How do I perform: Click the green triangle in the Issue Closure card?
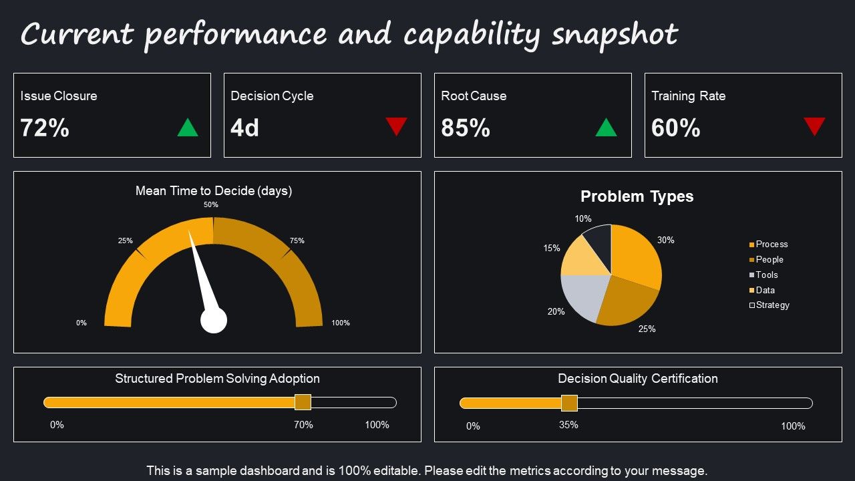pyautogui.click(x=188, y=128)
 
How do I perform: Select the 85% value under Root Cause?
pyautogui.click(x=466, y=128)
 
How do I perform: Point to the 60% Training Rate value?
pyautogui.click(x=676, y=128)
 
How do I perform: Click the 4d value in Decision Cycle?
pyautogui.click(x=244, y=128)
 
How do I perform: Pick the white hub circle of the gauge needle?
pyautogui.click(x=214, y=321)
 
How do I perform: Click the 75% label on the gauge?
pyautogui.click(x=297, y=240)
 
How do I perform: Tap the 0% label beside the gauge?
pyautogui.click(x=81, y=323)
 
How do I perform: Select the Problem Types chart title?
pyautogui.click(x=637, y=196)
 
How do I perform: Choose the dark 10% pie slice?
pyautogui.click(x=599, y=245)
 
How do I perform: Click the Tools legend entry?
pyautogui.click(x=763, y=275)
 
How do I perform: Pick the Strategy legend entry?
pyautogui.click(x=769, y=305)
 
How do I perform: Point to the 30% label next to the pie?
pyautogui.click(x=666, y=240)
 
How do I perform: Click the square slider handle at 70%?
pyautogui.click(x=303, y=402)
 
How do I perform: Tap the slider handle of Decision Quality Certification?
pyautogui.click(x=569, y=403)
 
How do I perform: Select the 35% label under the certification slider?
pyautogui.click(x=568, y=425)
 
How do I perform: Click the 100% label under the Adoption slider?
pyautogui.click(x=377, y=425)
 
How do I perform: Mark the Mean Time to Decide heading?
pyautogui.click(x=214, y=190)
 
